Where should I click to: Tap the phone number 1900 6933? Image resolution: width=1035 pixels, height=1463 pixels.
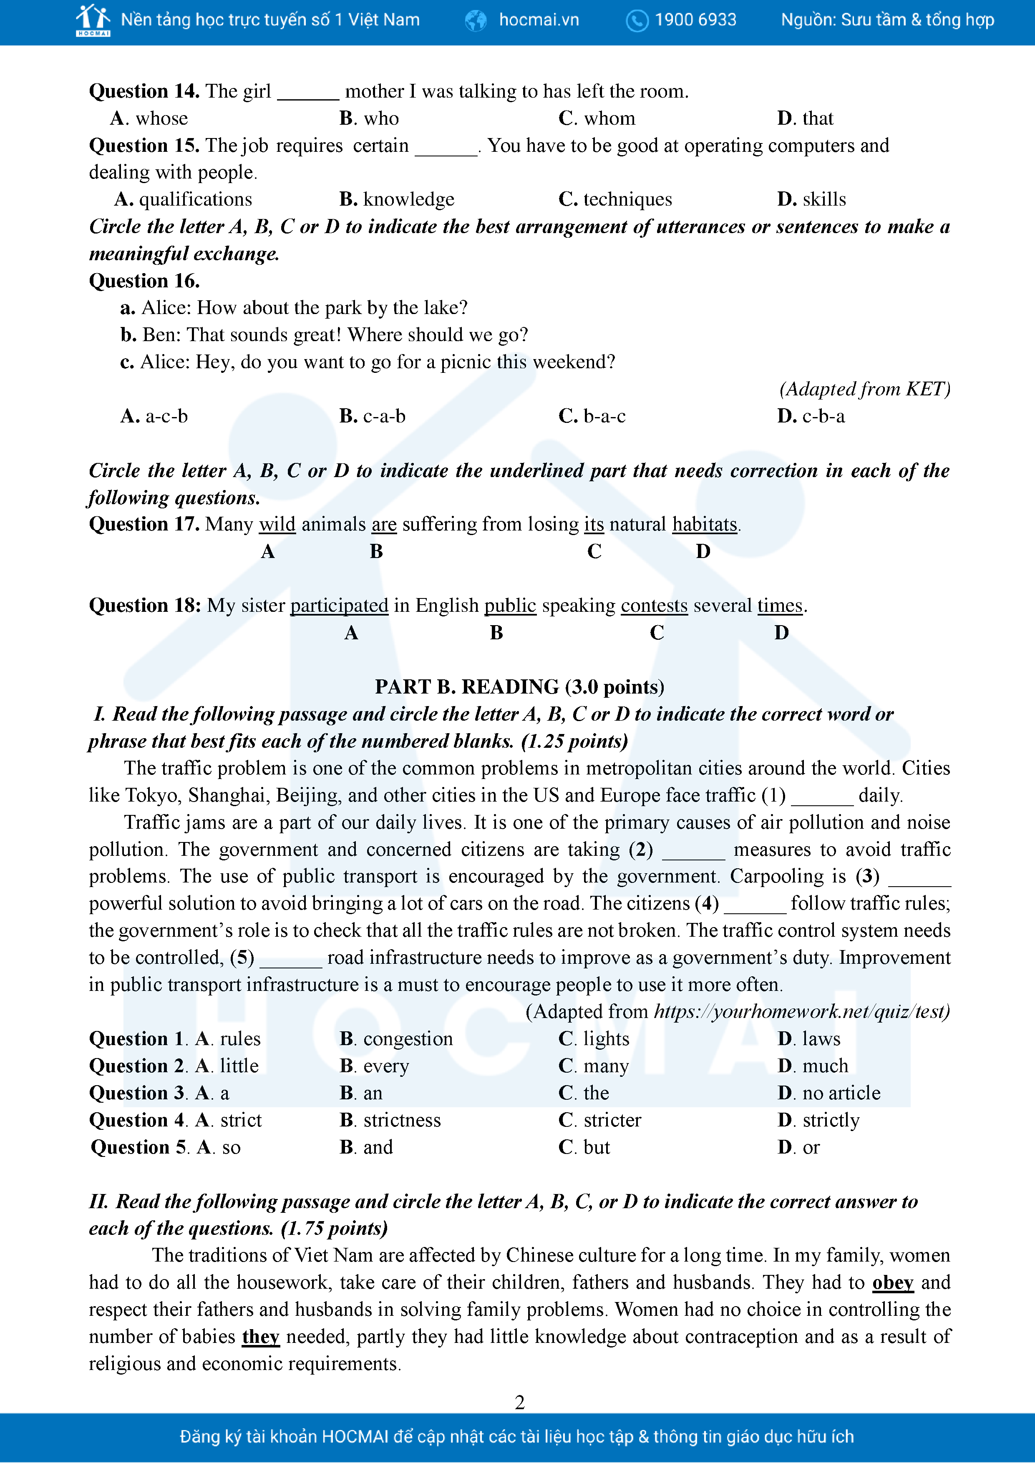[x=695, y=20]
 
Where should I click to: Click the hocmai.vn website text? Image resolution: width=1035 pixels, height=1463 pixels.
[x=539, y=20]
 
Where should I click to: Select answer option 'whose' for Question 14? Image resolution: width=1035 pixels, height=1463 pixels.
[x=161, y=118]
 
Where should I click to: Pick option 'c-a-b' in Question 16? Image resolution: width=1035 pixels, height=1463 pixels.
[x=384, y=416]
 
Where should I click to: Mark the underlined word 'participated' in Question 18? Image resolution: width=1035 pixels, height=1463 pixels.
[x=339, y=605]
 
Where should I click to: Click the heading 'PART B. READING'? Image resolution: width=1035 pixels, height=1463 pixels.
[x=519, y=687]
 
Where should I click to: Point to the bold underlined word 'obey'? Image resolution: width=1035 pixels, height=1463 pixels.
[x=892, y=1283]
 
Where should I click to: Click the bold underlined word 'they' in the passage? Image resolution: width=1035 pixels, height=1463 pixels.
[x=261, y=1336]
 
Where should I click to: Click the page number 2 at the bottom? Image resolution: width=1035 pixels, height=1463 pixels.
[x=519, y=1403]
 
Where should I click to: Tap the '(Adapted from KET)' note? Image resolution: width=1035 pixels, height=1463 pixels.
[x=864, y=390]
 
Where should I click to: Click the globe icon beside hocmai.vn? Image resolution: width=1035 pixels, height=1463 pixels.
[x=476, y=21]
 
